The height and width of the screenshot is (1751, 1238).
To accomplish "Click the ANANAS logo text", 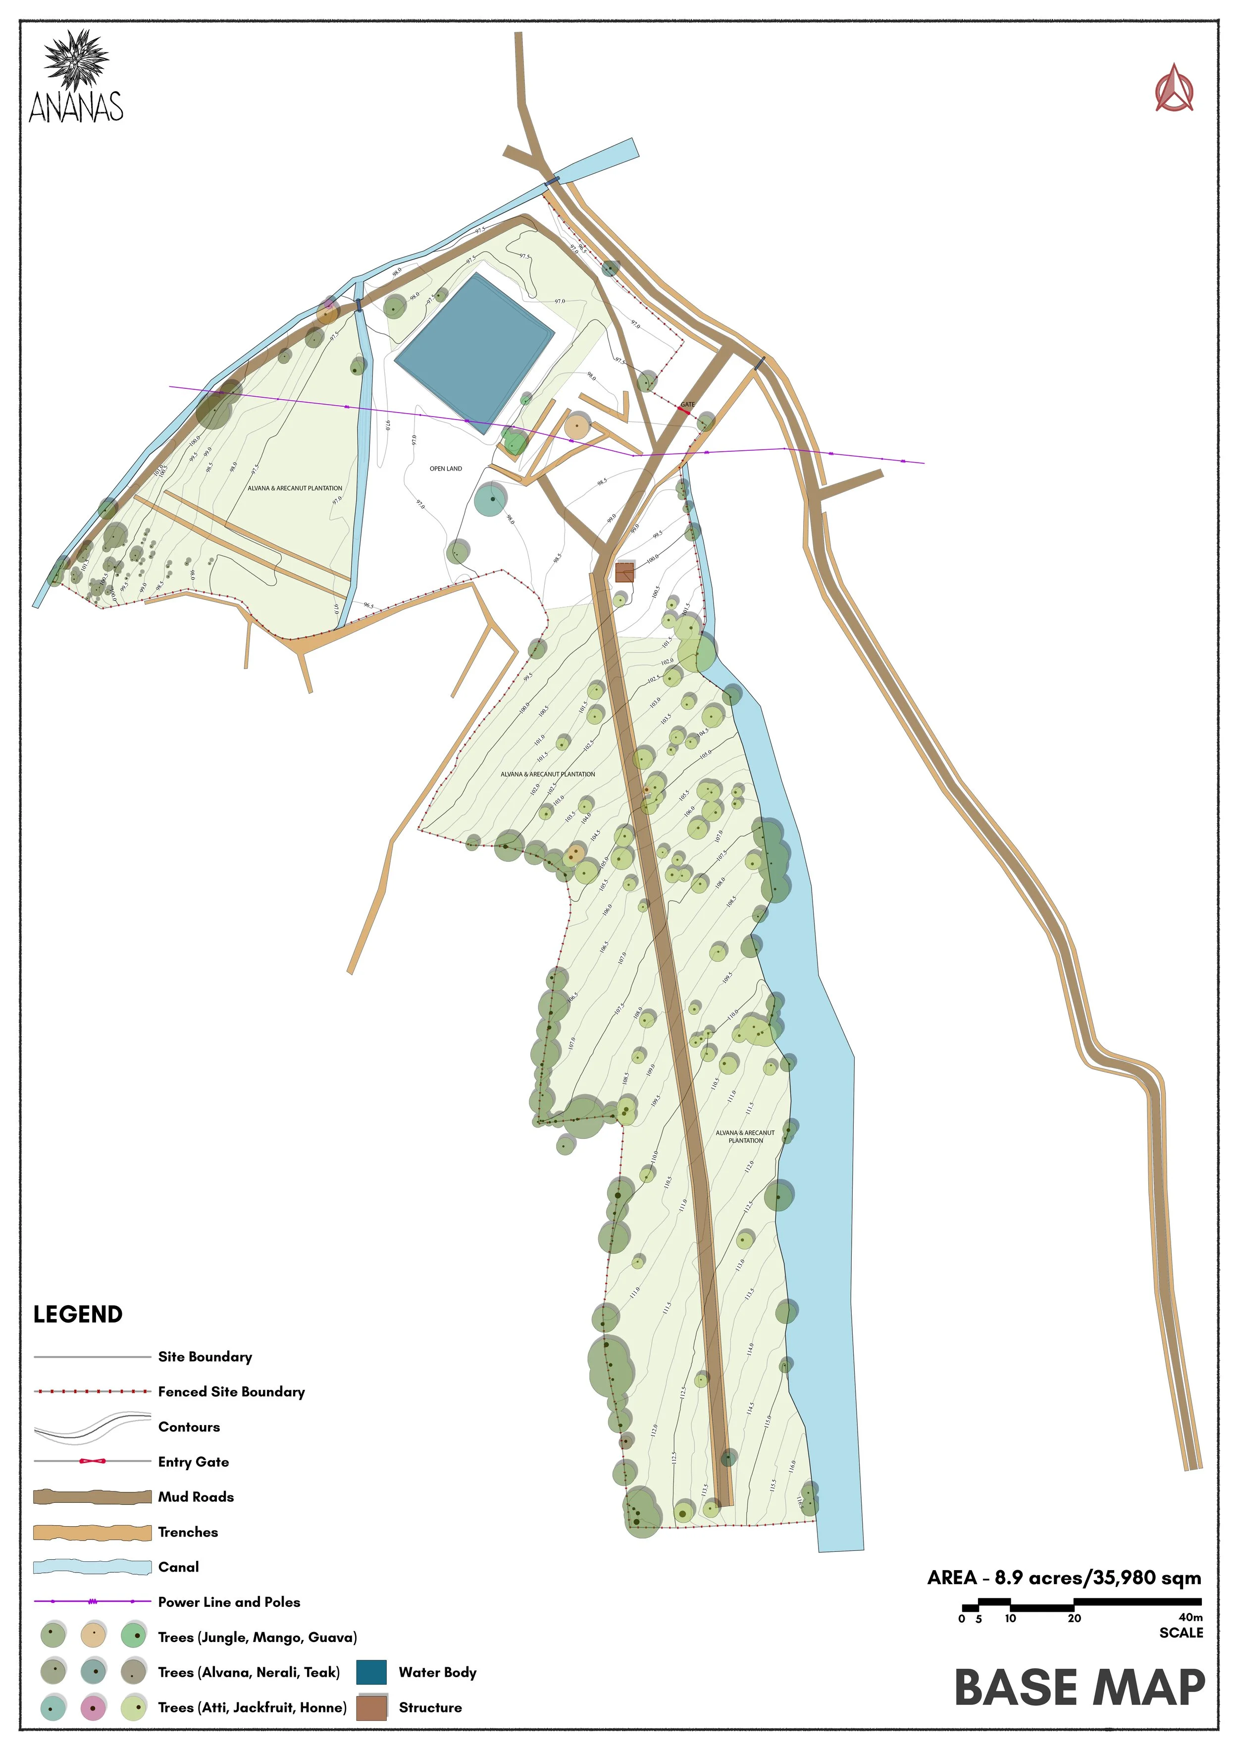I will pyautogui.click(x=76, y=107).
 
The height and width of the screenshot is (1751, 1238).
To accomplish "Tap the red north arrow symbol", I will pyautogui.click(x=1174, y=89).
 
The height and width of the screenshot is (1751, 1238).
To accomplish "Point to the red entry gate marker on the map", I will pyautogui.click(x=684, y=410).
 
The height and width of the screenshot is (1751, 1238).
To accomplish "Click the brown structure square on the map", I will pyautogui.click(x=624, y=572).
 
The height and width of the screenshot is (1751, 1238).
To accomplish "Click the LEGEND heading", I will pyautogui.click(x=78, y=1314).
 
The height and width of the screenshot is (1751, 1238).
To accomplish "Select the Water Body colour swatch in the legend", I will pyautogui.click(x=371, y=1672).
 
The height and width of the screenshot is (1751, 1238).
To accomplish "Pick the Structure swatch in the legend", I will pyautogui.click(x=371, y=1707).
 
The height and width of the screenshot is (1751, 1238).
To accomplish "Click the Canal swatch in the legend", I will pyautogui.click(x=92, y=1567).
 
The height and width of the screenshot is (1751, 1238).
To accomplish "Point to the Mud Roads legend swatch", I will pyautogui.click(x=92, y=1497).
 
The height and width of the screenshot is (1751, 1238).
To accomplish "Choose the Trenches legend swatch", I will pyautogui.click(x=92, y=1532).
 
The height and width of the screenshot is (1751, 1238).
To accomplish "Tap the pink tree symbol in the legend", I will pyautogui.click(x=93, y=1707).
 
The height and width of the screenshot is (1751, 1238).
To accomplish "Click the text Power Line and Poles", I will pyautogui.click(x=229, y=1602).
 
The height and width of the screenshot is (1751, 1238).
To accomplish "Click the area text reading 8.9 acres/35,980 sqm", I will pyautogui.click(x=1098, y=1578).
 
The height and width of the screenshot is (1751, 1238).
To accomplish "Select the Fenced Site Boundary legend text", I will pyautogui.click(x=231, y=1392).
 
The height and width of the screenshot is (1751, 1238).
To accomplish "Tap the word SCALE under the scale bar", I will pyautogui.click(x=1181, y=1633).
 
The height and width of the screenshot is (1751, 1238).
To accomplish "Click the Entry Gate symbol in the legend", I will pyautogui.click(x=92, y=1462).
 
